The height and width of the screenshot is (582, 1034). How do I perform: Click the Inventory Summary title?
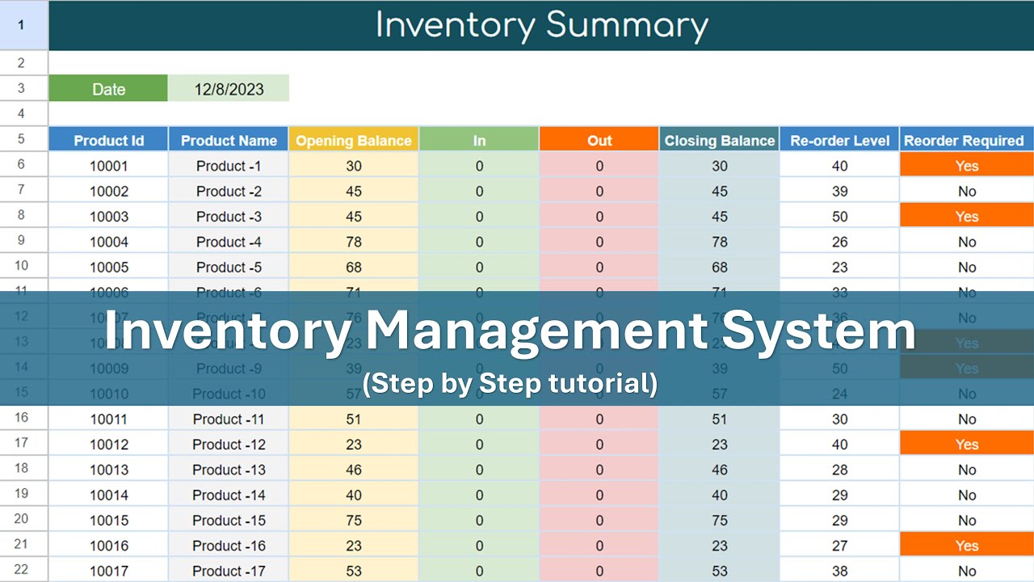tap(541, 25)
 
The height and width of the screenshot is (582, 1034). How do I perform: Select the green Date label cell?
tap(108, 89)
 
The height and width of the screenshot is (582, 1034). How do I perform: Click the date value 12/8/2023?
tap(229, 89)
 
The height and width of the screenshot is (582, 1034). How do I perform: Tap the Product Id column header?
tap(108, 141)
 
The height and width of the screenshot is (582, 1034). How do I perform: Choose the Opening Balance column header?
tap(354, 141)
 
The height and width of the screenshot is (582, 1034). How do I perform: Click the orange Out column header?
tap(599, 141)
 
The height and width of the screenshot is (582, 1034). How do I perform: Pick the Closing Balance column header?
tap(719, 141)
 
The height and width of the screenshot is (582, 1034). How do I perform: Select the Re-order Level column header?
tap(840, 141)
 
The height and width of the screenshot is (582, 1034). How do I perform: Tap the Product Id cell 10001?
tap(108, 166)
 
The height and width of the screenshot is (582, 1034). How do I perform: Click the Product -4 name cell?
tap(229, 242)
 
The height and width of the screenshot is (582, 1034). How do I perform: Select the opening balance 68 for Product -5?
tap(354, 267)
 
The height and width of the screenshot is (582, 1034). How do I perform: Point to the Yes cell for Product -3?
tap(966, 217)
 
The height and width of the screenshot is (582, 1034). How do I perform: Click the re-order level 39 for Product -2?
tap(840, 192)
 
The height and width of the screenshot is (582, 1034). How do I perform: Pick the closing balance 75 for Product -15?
tap(719, 521)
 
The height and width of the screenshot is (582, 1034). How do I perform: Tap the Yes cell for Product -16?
tap(966, 546)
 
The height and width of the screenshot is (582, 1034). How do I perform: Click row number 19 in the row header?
tap(21, 495)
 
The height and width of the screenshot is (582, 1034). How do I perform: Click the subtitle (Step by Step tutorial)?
tap(511, 383)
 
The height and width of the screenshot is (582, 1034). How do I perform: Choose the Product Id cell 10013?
tap(108, 470)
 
